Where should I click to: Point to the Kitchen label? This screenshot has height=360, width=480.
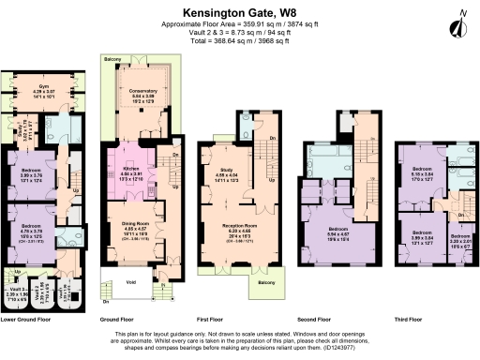coord(130,168)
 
